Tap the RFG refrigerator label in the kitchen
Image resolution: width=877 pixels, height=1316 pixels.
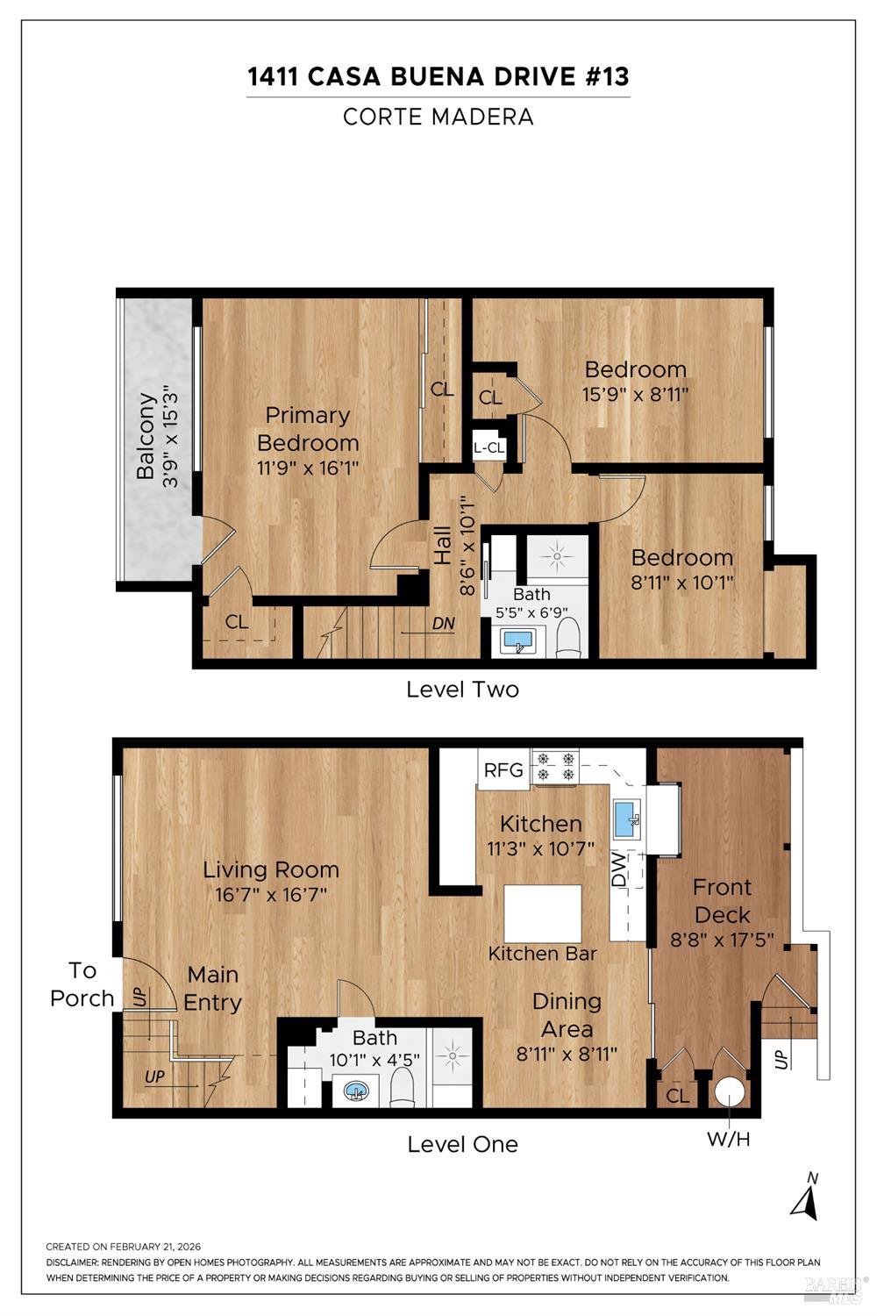tap(503, 770)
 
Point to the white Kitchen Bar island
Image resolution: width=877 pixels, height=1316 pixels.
tap(543, 912)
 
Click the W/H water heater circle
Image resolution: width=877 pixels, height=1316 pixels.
tap(729, 1092)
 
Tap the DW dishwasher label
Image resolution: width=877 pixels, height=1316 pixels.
tap(618, 869)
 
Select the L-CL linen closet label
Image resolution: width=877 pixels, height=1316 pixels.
tap(488, 447)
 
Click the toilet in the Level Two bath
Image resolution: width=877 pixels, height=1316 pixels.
tap(569, 638)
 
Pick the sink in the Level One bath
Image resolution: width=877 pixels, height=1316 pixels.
tap(355, 1091)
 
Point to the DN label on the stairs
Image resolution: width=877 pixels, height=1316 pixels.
tap(444, 624)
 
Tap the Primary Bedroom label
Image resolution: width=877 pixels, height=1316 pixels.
tap(308, 428)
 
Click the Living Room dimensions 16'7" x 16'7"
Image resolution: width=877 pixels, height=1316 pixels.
tap(271, 895)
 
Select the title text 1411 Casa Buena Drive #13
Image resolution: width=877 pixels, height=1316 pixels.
tap(438, 77)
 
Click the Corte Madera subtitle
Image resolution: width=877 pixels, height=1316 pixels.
tap(438, 117)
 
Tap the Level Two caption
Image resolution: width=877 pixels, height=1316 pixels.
tap(462, 690)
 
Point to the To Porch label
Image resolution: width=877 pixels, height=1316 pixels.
tap(82, 984)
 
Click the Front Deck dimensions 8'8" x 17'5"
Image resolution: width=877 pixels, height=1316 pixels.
tap(722, 940)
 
